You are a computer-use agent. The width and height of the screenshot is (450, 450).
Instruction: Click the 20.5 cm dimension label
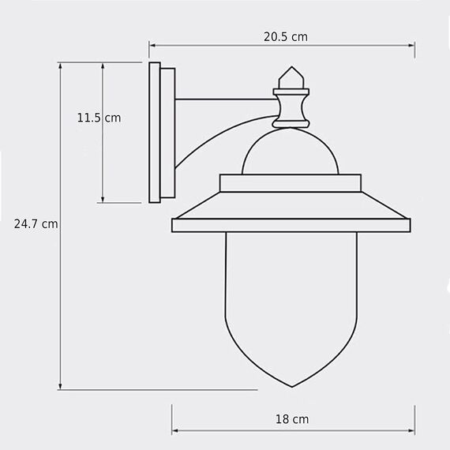[285, 36]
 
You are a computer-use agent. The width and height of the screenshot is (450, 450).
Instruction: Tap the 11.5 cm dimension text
[99, 118]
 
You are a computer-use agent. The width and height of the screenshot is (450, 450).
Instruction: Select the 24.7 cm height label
[36, 223]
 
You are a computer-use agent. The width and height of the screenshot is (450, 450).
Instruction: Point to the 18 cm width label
[292, 418]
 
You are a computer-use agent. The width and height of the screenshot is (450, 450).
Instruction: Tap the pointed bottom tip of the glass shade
[292, 384]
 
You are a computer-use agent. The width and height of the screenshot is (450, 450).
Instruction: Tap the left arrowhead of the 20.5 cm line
[152, 46]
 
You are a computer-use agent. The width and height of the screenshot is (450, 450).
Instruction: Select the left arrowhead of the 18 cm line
[175, 431]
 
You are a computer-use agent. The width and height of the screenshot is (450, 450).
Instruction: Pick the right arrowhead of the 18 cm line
[411, 431]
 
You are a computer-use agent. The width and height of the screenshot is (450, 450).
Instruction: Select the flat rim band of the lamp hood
[292, 224]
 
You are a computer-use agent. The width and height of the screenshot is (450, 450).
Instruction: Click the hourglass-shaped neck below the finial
[292, 107]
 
